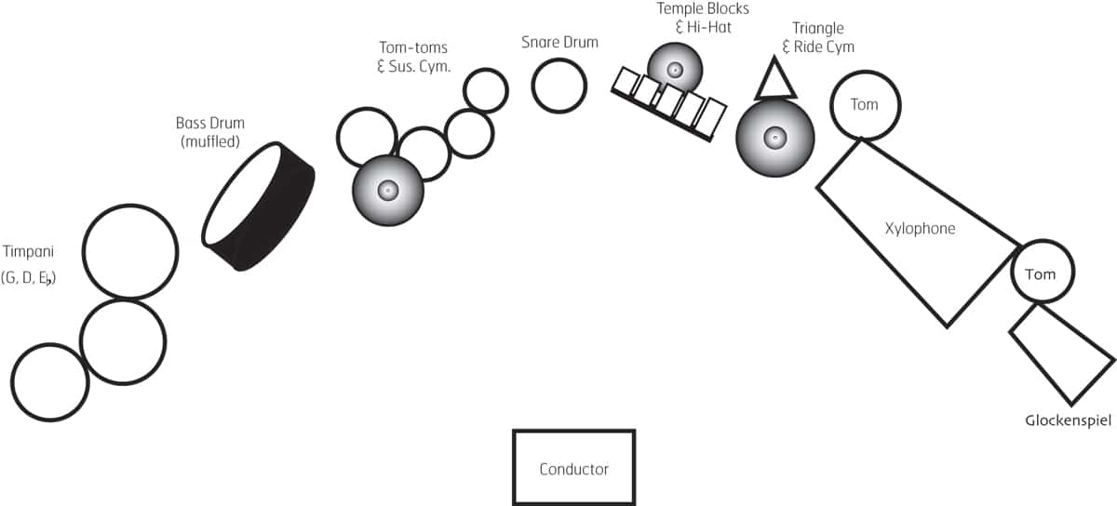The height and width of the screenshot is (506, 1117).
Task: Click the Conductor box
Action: point(573,468)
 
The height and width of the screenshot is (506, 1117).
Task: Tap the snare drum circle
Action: point(558,86)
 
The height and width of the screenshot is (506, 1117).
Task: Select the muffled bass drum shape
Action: point(258,206)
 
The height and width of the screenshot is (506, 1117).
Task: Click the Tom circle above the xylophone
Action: point(864,105)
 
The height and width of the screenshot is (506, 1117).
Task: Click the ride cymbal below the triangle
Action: point(774,139)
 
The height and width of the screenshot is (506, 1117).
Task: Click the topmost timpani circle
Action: point(129,251)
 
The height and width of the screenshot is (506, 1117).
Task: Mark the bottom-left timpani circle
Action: point(49,382)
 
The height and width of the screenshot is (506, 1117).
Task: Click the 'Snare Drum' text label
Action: point(559,42)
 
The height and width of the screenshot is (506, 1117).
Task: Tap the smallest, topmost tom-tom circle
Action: point(485,90)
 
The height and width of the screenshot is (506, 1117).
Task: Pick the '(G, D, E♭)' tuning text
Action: point(28,276)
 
